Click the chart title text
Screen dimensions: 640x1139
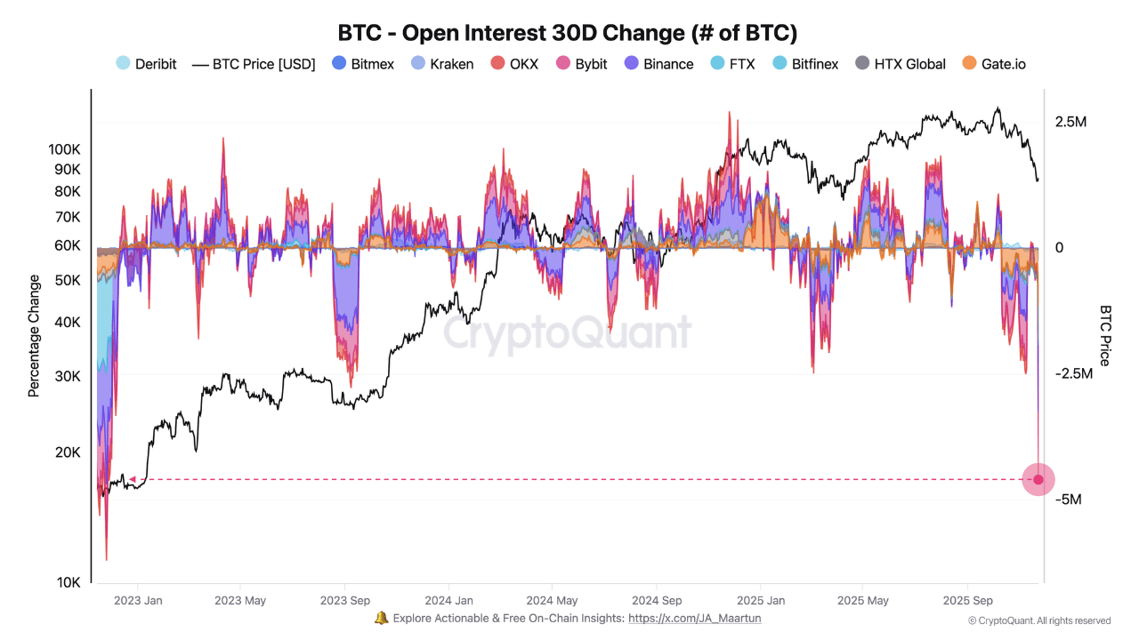[568, 33]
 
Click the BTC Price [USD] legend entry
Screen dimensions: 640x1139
[254, 64]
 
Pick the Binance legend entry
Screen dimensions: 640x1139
[658, 64]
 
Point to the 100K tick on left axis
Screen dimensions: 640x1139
[65, 148]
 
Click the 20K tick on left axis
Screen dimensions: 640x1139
[68, 452]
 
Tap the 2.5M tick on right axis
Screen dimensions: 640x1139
[1070, 122]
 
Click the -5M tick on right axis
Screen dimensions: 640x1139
[1068, 500]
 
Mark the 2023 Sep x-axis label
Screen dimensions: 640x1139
[344, 601]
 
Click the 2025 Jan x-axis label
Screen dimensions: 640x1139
[761, 601]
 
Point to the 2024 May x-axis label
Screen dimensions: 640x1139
[552, 601]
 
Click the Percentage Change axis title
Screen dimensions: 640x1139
[34, 335]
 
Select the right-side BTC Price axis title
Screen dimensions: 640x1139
[1105, 335]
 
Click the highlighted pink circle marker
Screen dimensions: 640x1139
[1038, 479]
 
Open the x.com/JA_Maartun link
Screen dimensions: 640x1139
[694, 619]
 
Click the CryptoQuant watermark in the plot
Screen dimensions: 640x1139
[567, 333]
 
